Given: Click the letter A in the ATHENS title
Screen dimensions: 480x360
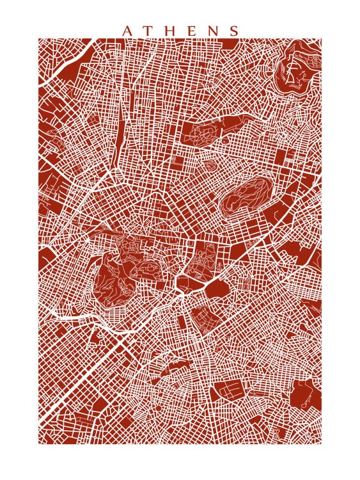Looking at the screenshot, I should tap(127, 31).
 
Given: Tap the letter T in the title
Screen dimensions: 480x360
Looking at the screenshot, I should tap(148, 31).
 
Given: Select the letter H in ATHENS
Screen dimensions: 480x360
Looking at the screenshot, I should tap(169, 31).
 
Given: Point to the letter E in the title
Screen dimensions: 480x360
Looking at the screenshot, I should tap(191, 31).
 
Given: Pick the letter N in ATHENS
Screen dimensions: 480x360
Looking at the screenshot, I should tap(212, 31).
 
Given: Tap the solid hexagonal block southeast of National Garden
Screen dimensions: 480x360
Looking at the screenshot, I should tap(216, 289).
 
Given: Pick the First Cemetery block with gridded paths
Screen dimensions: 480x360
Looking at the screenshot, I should tap(200, 321).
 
